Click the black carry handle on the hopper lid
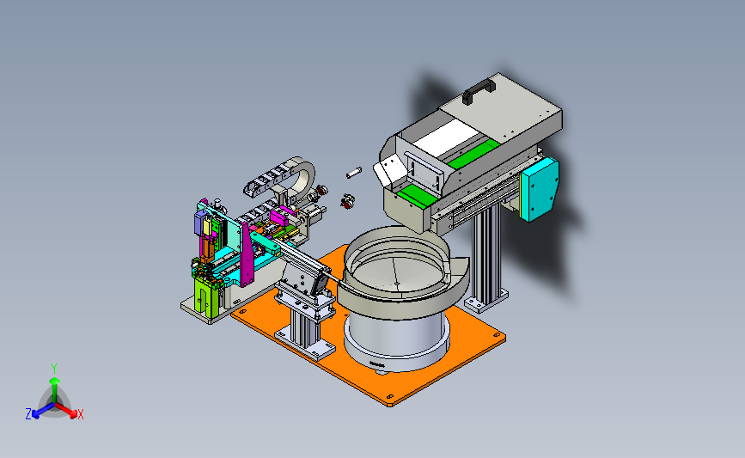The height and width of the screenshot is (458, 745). click(x=479, y=90)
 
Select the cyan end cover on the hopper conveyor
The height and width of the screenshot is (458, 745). click(x=540, y=189)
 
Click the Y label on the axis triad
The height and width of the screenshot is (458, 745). click(x=54, y=369)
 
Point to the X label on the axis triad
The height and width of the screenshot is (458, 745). click(x=80, y=414)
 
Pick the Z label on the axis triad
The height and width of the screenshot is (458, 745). click(x=28, y=414)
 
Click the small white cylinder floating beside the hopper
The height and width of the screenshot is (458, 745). click(x=353, y=173)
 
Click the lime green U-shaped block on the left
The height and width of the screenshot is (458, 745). click(x=206, y=297)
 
